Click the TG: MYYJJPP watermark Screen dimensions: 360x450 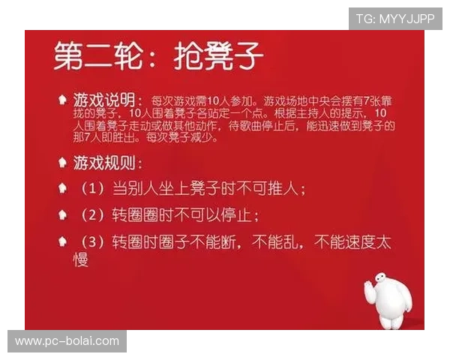click(395, 18)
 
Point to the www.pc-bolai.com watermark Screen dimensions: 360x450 click(67, 341)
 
